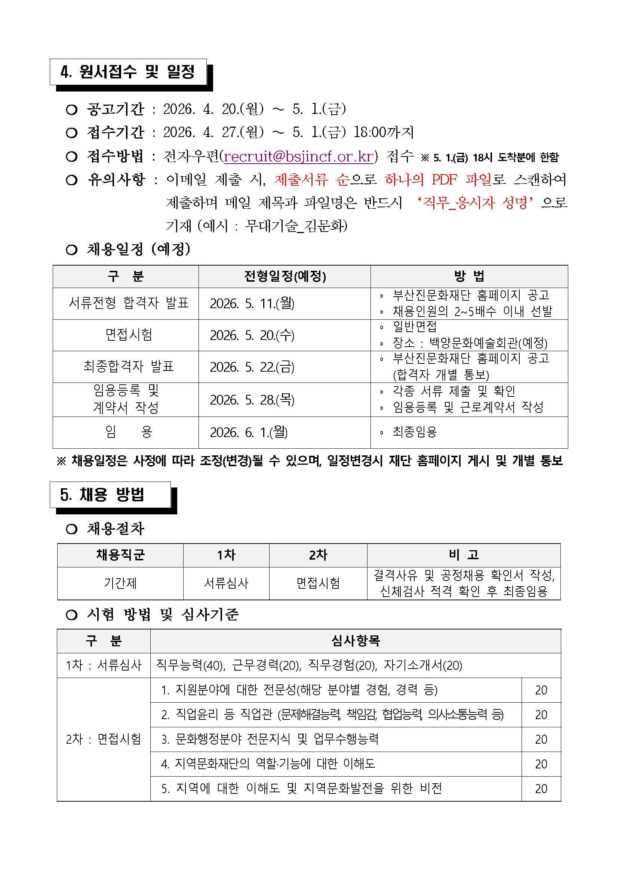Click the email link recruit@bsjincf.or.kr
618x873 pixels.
click(299, 156)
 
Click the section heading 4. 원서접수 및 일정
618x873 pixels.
click(127, 71)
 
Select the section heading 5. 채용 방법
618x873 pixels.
click(102, 495)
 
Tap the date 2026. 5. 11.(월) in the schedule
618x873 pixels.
click(252, 303)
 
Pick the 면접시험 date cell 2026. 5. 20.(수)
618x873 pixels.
click(252, 335)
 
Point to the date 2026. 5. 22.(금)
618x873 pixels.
click(252, 367)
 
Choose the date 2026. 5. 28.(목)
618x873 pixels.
click(252, 400)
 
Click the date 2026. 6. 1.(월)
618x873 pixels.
click(249, 432)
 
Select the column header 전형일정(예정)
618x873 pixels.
click(285, 276)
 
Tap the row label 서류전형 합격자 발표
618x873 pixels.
click(129, 303)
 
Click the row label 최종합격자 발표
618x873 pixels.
click(129, 366)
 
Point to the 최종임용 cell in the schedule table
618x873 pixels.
click(415, 432)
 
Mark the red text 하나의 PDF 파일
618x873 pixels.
click(438, 179)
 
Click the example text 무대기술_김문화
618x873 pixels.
click(296, 226)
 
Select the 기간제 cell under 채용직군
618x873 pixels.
click(120, 583)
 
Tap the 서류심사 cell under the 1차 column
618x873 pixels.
click(226, 583)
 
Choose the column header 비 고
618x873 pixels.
click(464, 555)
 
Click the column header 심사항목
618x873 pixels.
click(356, 641)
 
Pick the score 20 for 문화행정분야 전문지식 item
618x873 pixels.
click(541, 740)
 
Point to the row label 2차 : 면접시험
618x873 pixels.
click(104, 739)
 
